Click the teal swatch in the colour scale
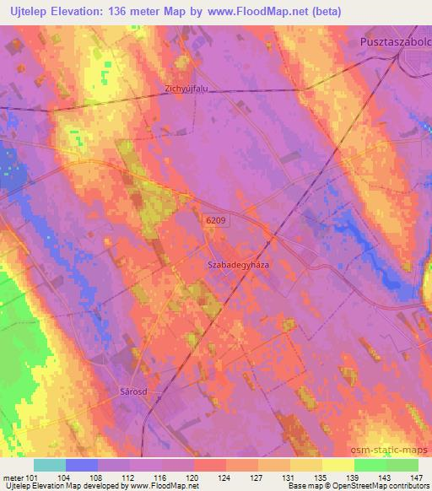click(50, 465)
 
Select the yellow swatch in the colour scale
click(337, 465)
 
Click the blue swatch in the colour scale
click(82, 465)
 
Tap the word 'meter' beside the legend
click(13, 476)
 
